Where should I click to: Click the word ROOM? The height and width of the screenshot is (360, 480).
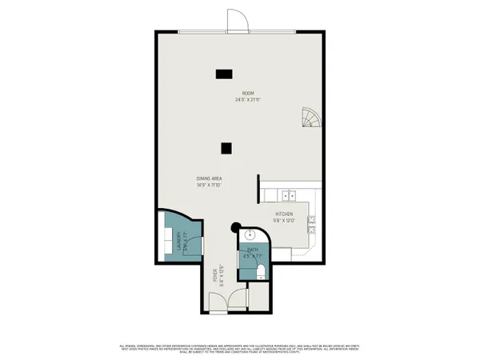click(x=249, y=94)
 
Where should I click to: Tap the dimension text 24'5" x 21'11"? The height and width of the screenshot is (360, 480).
click(x=249, y=100)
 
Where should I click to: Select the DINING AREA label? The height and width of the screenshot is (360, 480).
click(x=209, y=178)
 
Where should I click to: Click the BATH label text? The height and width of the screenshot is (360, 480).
click(x=252, y=250)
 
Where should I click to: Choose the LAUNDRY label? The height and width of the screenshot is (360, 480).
click(x=178, y=240)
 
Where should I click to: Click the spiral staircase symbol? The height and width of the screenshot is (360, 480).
click(x=310, y=119)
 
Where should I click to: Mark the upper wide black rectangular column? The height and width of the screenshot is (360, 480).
click(x=224, y=74)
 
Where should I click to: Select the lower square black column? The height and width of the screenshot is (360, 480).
click(x=227, y=147)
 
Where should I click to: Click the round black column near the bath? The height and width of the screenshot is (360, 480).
click(x=237, y=228)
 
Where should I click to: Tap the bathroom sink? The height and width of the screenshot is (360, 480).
click(x=249, y=236)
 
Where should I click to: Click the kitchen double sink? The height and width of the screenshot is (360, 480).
click(x=290, y=194)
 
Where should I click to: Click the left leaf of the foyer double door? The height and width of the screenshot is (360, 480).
click(x=218, y=301)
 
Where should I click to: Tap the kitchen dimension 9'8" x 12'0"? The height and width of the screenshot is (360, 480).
click(x=286, y=222)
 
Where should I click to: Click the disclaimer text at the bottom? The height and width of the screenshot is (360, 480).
click(x=240, y=349)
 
